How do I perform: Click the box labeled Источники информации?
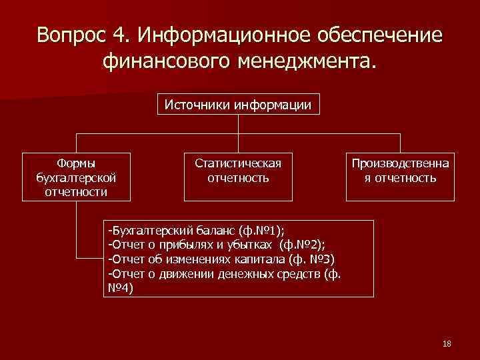coord(238,105)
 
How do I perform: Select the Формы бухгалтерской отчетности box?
coord(77,177)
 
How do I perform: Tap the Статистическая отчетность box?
coord(238,177)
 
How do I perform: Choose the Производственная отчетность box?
coord(400,177)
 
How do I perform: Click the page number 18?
coord(447,343)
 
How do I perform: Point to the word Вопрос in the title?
coord(67,34)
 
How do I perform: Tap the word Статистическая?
coord(238,163)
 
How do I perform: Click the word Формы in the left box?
coord(77,163)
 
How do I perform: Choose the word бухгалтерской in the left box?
coord(77,177)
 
